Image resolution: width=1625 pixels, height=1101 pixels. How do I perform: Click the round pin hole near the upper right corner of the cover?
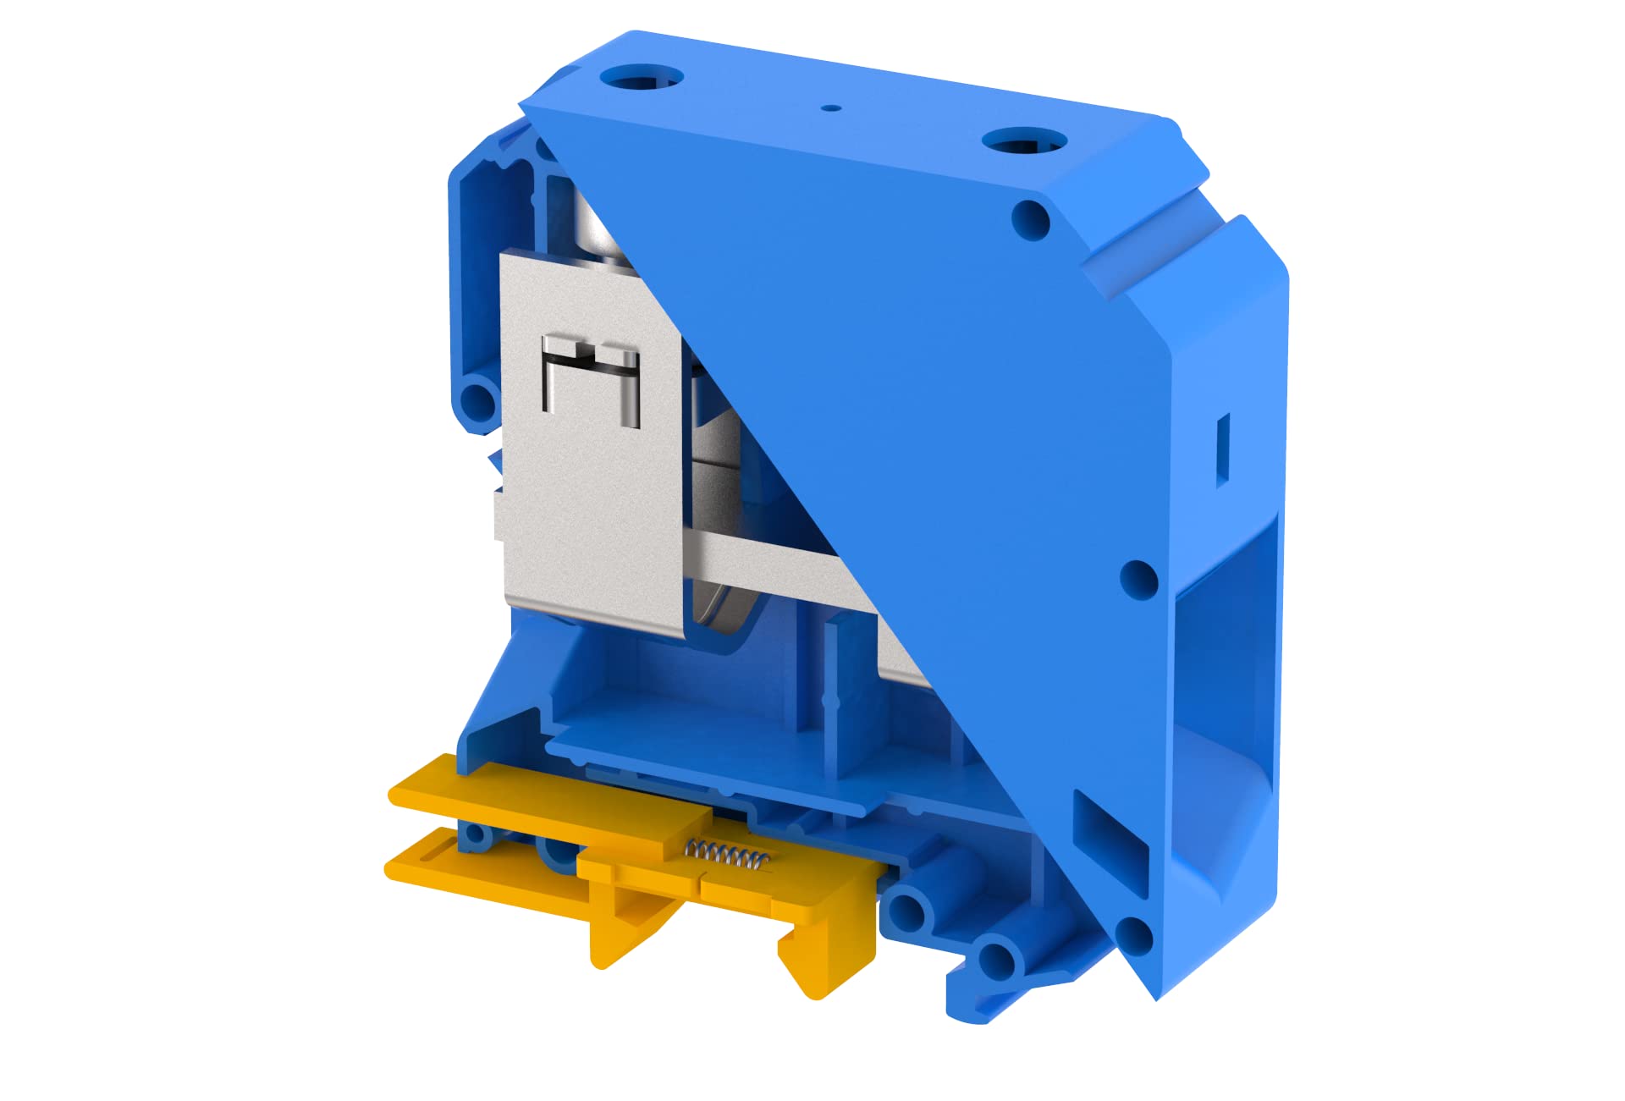(1031, 220)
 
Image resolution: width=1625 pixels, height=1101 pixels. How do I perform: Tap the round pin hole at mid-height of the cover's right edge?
(1138, 579)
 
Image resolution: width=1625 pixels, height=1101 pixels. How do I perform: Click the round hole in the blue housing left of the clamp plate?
(478, 400)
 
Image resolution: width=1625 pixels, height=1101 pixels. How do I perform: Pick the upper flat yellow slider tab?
(542, 795)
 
